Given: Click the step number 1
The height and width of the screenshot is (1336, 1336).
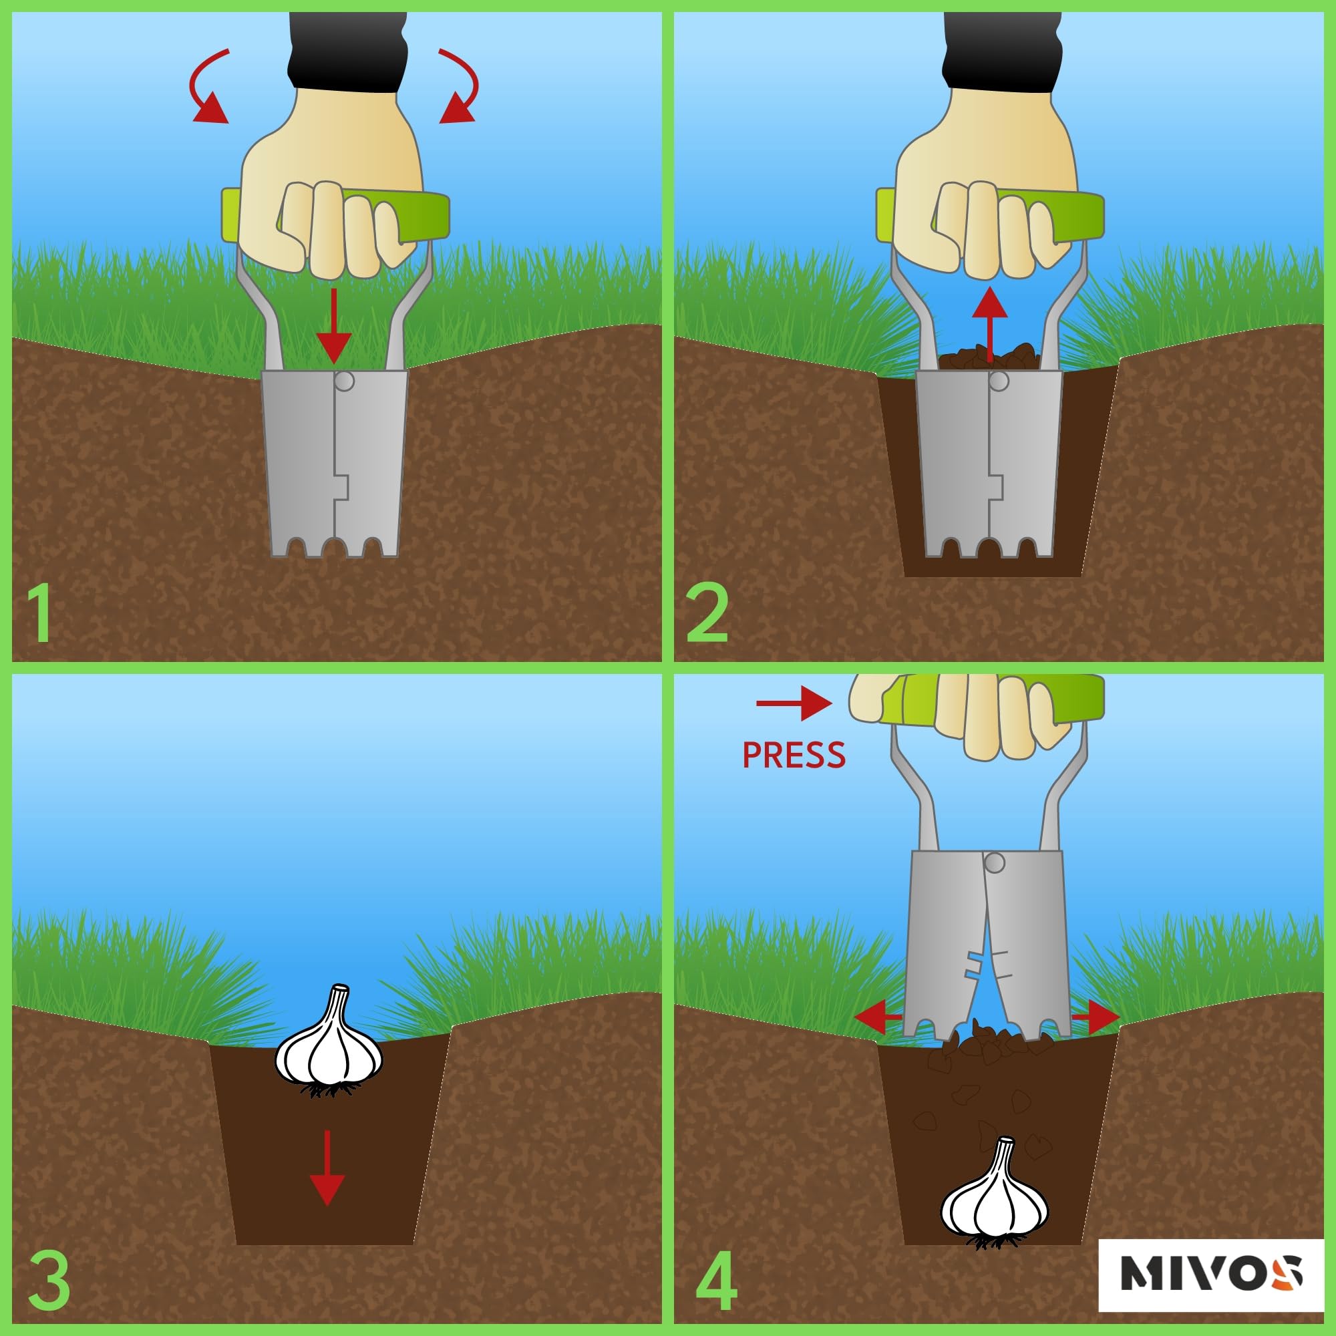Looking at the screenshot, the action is pyautogui.click(x=42, y=613).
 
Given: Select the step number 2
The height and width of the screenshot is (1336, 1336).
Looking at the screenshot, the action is pyautogui.click(x=707, y=613).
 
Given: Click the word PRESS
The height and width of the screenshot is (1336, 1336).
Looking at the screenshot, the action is pyautogui.click(x=793, y=755).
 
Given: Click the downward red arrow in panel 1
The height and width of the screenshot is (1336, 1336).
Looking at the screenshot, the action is pyautogui.click(x=334, y=325).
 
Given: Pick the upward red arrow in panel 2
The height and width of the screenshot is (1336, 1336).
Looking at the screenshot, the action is pyautogui.click(x=989, y=323).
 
